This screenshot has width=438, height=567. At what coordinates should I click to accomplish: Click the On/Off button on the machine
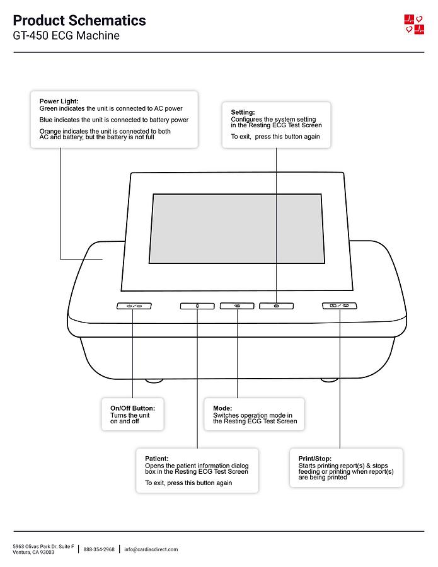click(x=134, y=306)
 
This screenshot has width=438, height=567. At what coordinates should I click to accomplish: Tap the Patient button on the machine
click(x=197, y=306)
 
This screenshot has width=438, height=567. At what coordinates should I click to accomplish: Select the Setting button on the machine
click(x=276, y=306)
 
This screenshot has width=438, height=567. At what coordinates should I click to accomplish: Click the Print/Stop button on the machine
click(x=339, y=306)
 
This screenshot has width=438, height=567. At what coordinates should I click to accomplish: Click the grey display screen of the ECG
click(x=237, y=229)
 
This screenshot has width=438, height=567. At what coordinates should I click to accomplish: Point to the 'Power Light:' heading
click(x=59, y=101)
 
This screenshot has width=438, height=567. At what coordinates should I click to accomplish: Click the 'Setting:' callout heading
click(x=243, y=112)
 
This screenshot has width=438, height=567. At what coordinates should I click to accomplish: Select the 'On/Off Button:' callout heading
click(x=132, y=408)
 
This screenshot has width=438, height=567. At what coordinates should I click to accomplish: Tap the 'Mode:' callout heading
click(x=222, y=408)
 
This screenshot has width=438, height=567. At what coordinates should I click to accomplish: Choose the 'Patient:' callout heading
click(x=157, y=458)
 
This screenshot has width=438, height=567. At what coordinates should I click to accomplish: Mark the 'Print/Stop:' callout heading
click(x=314, y=458)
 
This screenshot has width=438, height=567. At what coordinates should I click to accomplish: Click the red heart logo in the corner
click(x=414, y=24)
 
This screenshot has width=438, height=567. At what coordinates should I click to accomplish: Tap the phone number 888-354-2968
click(x=99, y=549)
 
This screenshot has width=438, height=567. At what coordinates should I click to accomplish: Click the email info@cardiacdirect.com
click(x=151, y=549)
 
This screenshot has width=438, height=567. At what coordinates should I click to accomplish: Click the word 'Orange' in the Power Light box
click(x=50, y=131)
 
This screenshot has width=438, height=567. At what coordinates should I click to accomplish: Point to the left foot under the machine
click(x=154, y=381)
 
